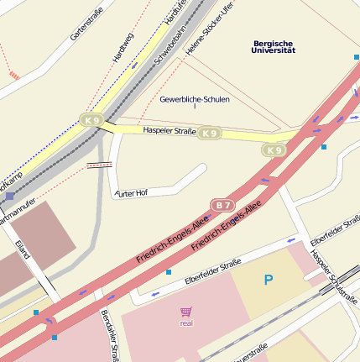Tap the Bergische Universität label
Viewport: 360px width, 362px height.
[x=274, y=47]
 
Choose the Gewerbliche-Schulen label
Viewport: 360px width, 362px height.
[x=194, y=99]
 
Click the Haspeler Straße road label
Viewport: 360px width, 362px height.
[x=169, y=131]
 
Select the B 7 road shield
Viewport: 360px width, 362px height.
[x=222, y=205]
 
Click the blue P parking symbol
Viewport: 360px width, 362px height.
[x=269, y=280]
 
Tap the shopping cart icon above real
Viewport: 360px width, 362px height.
[x=185, y=312]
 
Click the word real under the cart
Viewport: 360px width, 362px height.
[x=186, y=323]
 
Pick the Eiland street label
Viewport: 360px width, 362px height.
[x=23, y=249]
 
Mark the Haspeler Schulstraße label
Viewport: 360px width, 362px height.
[x=333, y=276]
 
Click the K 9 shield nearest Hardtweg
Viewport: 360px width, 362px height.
[x=91, y=121]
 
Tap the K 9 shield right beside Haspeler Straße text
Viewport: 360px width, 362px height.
[x=210, y=133]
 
